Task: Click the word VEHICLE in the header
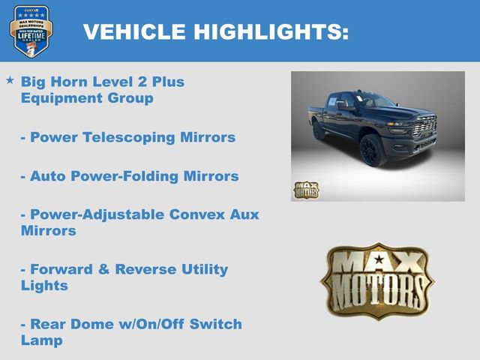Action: [134, 31]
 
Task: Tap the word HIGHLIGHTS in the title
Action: [271, 31]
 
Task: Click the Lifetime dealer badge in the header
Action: [30, 31]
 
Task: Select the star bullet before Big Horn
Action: [10, 79]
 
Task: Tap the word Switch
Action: [211, 324]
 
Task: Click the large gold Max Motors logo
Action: [377, 281]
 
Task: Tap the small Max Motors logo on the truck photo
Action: [305, 190]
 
